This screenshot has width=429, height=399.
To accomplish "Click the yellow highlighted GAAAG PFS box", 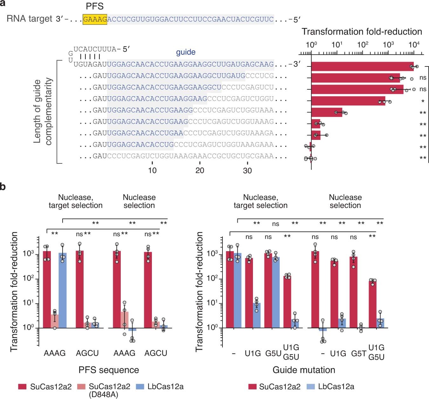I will (x=95, y=19).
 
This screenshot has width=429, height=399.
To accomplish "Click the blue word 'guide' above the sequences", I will (x=186, y=52).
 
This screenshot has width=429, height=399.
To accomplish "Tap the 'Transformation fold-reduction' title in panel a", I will (x=362, y=31).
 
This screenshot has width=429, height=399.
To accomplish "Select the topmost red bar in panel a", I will (x=362, y=66).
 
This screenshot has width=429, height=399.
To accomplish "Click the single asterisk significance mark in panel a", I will (x=423, y=101).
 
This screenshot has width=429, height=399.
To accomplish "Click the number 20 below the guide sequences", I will (x=200, y=171).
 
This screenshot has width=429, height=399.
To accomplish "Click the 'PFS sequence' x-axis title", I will (x=109, y=370).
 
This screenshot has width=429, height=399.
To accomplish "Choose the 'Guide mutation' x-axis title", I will (x=304, y=370).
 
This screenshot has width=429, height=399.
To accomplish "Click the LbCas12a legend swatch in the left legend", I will (x=140, y=387).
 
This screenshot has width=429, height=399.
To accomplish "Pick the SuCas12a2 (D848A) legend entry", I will (x=109, y=390).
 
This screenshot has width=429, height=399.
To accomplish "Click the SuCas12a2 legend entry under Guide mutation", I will (x=280, y=387).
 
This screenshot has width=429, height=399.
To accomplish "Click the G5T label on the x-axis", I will (x=358, y=353).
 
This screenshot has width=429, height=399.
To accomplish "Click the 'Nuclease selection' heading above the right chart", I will (x=345, y=201).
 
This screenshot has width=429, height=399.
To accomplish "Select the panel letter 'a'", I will (x=3, y=3).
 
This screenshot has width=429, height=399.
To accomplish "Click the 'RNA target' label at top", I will (x=29, y=19).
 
